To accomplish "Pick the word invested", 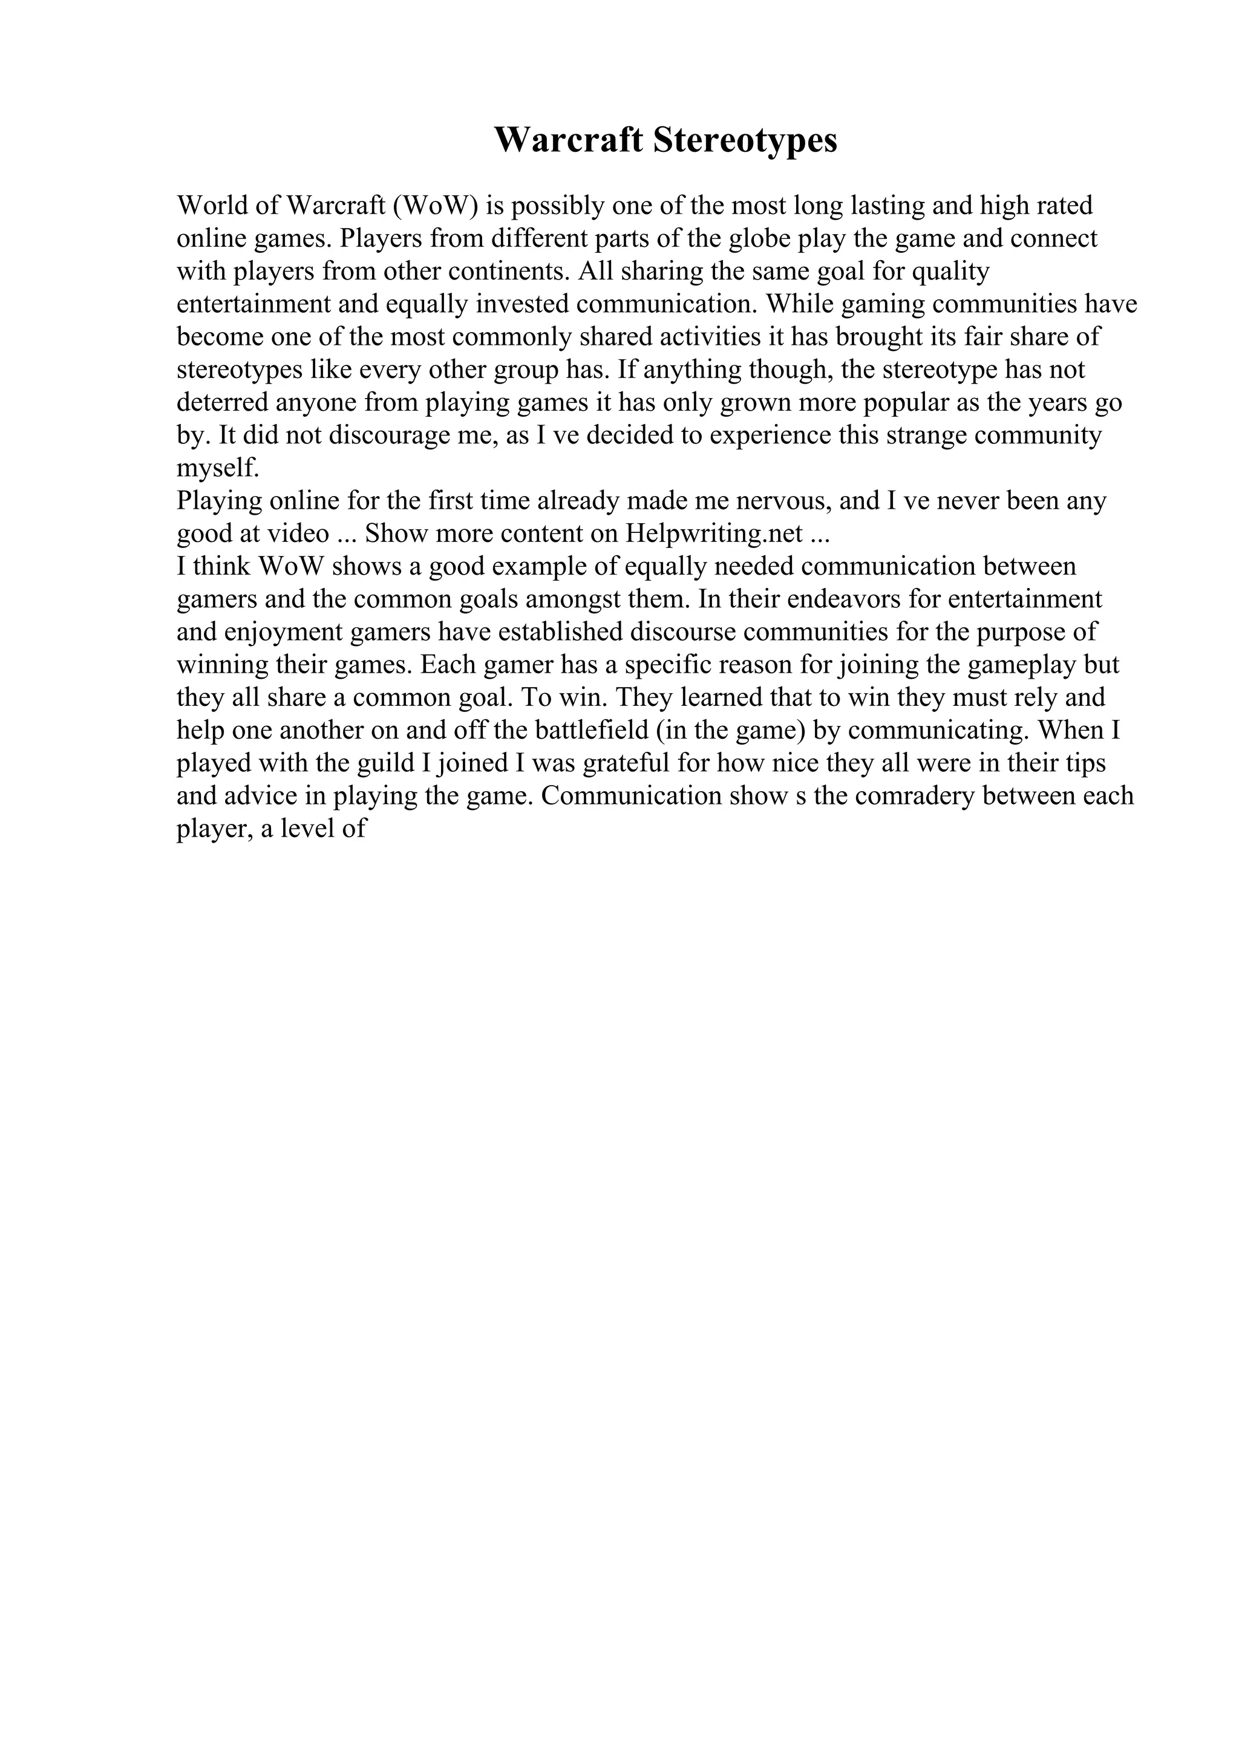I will (522, 304).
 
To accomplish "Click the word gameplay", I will (1021, 665).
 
